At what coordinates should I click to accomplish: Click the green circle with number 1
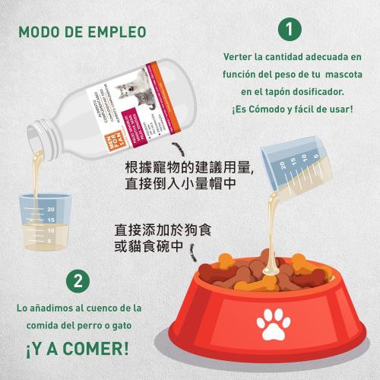click(x=288, y=30)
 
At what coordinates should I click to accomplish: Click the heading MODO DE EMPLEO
click(x=82, y=33)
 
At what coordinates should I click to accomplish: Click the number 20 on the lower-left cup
click(x=51, y=208)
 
